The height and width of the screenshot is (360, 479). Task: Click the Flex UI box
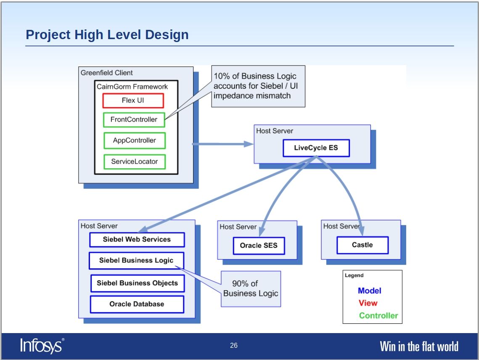pos(133,101)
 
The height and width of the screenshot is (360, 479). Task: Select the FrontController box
pos(134,119)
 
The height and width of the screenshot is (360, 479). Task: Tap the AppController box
pos(135,140)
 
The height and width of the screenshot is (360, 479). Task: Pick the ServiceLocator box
pos(135,161)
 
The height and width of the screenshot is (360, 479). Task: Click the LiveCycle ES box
pos(316,148)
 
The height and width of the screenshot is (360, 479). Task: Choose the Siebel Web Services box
pos(137,240)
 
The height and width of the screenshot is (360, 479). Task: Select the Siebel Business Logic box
pos(136,260)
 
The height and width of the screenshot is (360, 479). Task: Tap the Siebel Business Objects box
pos(138,283)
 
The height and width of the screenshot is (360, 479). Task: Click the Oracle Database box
pos(137,304)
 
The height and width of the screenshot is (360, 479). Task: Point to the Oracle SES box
pos(259,246)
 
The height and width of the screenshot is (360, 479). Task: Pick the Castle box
pos(363,245)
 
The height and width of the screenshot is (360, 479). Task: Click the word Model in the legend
pos(370,291)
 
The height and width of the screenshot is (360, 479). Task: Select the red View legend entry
pos(368,303)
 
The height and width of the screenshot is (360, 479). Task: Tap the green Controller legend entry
pos(378,316)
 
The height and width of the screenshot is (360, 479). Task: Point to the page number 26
pos(234,345)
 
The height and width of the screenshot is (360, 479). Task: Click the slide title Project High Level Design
pos(107,35)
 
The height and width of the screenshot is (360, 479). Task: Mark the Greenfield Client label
pos(107,73)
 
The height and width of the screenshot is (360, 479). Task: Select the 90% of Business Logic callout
pos(251,289)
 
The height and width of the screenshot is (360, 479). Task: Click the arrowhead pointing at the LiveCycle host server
pos(249,144)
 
